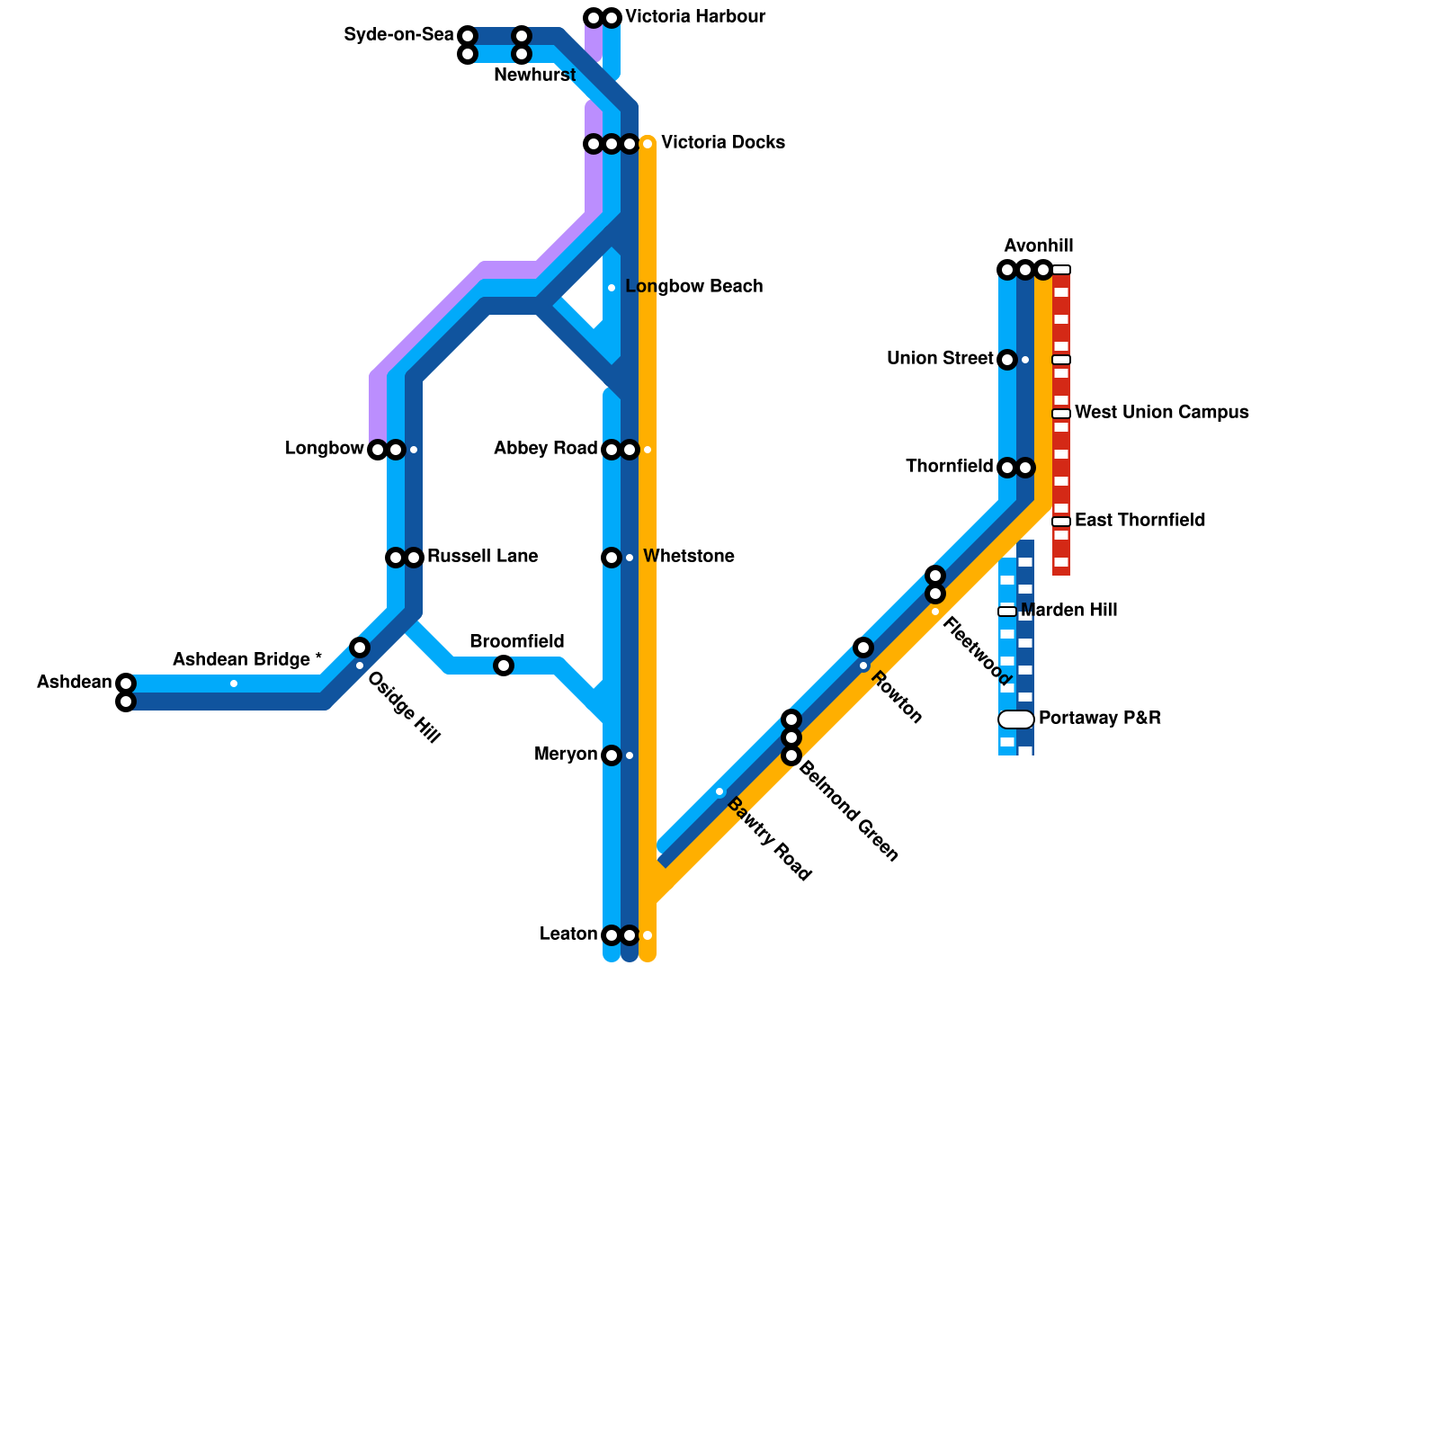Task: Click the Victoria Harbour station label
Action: pos(694,17)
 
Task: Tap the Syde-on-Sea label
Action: pos(398,35)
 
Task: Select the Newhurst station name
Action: pos(534,76)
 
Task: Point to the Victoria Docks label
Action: pos(722,143)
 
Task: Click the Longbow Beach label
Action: pos(693,287)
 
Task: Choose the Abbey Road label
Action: pos(545,449)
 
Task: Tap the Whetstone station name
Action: pos(688,557)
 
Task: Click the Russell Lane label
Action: pos(482,557)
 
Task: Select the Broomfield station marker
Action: pos(504,666)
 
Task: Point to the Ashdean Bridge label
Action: pos(246,660)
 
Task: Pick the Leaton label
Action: pos(568,934)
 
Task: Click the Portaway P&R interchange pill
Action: pos(1016,719)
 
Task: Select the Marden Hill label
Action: pos(1068,611)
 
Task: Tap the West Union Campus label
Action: pos(1161,413)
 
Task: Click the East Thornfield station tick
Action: pos(1061,522)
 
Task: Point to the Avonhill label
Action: pos(1038,246)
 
